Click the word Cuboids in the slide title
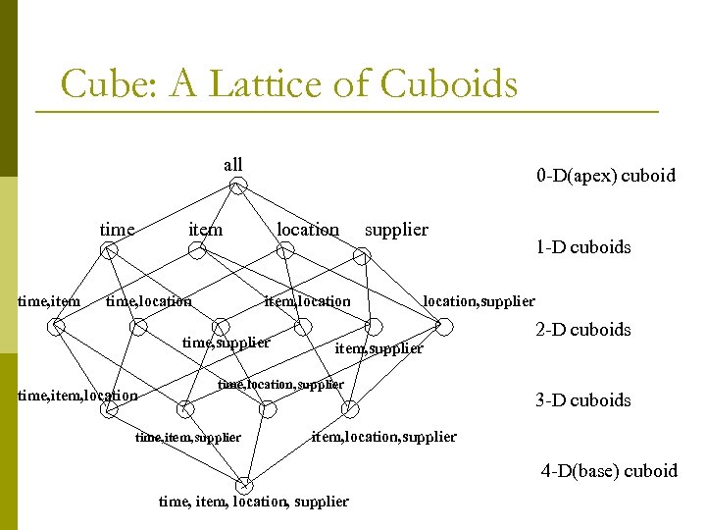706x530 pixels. pos(448,84)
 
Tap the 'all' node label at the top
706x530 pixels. pos(232,164)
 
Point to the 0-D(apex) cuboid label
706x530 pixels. pos(605,176)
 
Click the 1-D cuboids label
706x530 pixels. pos(582,247)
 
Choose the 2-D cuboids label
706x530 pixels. pos(582,330)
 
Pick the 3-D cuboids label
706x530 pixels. pos(582,400)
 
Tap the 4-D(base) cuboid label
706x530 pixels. pos(609,471)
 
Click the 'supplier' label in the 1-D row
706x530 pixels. pos(396,230)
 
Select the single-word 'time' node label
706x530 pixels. pos(117,230)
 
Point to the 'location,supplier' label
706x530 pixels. pos(479,301)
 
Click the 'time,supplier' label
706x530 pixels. pos(227,343)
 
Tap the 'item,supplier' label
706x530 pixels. pos(378,348)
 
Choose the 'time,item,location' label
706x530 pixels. pos(78,396)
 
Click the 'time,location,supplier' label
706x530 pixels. pos(280,385)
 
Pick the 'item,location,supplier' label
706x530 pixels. pos(383,437)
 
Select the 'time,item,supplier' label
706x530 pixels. pos(187,437)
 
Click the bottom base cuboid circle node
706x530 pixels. pos(243,484)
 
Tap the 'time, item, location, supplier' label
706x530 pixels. pos(253,502)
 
